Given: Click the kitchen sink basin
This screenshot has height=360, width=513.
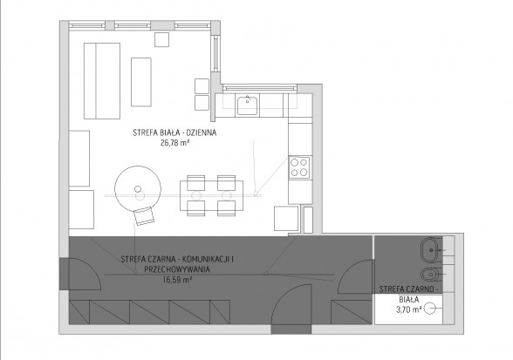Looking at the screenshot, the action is pos(248,105).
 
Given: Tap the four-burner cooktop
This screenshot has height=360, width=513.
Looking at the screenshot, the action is pos(299,167).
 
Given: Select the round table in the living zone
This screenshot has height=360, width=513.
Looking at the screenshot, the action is pos(138,189).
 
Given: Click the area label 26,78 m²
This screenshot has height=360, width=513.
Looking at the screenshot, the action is pos(175,143).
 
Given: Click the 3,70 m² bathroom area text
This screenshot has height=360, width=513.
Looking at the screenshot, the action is pos(409,309).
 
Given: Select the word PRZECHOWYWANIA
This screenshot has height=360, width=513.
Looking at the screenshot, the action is pos(177,269).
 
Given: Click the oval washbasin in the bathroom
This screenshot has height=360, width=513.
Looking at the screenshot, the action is pos(431,250).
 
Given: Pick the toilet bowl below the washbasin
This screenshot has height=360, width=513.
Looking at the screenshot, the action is pos(429,274).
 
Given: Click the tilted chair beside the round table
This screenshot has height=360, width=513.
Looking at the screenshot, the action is pos(144,216).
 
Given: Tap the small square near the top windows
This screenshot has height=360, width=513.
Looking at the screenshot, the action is pos(162,39).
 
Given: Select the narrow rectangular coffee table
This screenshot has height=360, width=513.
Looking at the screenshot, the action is pos(141,82).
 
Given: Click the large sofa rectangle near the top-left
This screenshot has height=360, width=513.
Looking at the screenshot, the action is pos(102,81).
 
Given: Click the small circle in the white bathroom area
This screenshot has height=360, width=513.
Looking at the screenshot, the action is pos(429,309).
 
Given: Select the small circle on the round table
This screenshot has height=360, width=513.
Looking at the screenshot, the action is pos(138,189).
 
